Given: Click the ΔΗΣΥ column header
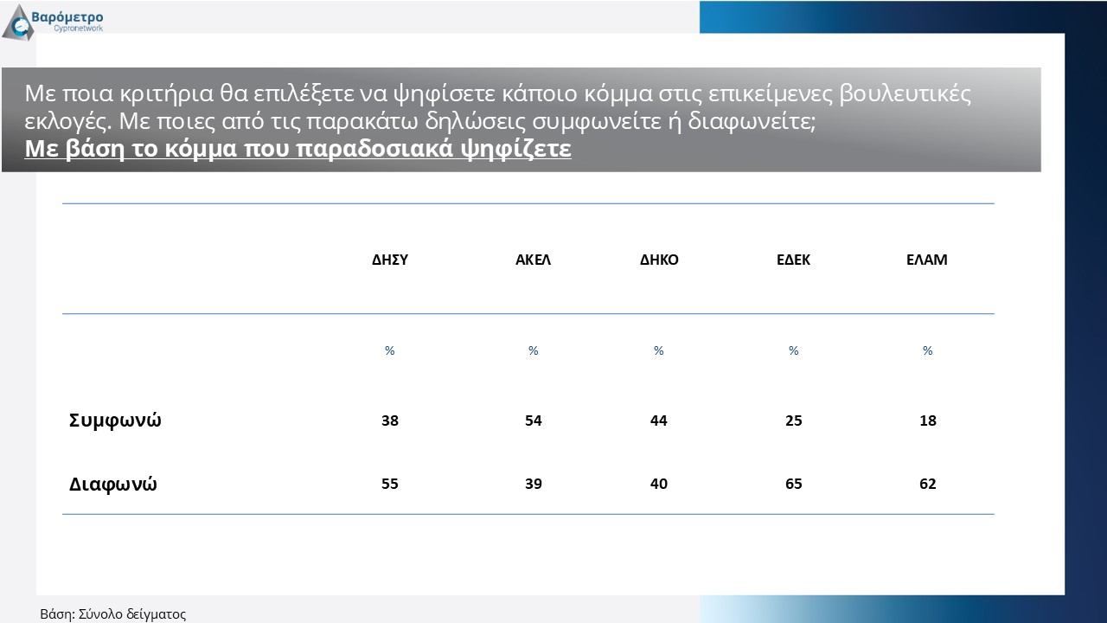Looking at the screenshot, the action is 390,260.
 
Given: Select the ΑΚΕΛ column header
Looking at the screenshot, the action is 533,260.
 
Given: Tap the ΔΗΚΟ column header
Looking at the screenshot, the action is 659,260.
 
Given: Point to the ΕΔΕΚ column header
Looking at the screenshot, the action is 793,260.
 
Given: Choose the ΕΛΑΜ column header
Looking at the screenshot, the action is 926,260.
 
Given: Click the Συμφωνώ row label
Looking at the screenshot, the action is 115,421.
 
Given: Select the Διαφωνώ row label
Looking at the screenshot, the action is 112,484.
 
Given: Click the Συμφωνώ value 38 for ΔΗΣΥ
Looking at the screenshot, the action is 390,421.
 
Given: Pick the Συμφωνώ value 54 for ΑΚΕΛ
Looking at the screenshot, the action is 534,421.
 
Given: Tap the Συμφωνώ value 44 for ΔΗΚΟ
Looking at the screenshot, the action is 659,421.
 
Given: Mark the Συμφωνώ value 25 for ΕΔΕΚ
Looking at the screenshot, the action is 794,421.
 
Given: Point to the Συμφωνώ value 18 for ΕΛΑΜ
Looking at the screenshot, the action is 928,421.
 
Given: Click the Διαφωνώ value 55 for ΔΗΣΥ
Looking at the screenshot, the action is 390,484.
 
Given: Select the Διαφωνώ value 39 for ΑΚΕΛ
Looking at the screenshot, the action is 534,484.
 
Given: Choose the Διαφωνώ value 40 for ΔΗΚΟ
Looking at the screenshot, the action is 659,484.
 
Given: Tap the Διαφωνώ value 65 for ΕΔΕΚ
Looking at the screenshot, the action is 794,484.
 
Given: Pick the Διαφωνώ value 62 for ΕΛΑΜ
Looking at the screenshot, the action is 928,484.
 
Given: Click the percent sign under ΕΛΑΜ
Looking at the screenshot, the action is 928,350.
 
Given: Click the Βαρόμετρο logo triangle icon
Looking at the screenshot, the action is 18,23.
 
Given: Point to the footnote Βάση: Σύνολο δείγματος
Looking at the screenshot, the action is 112,614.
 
